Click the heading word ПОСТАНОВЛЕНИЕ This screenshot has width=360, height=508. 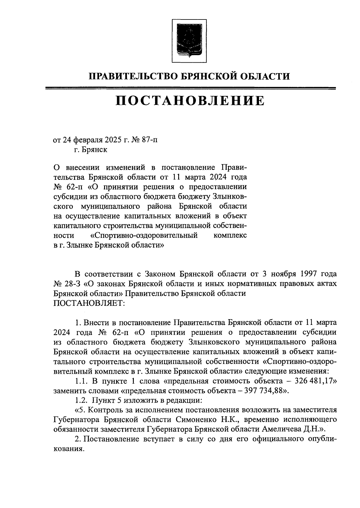click(190, 101)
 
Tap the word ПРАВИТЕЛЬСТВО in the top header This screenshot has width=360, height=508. click(130, 76)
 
